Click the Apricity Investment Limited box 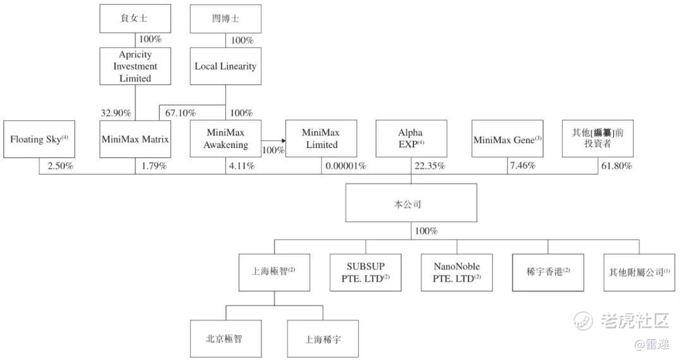[135, 66]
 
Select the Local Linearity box [225, 66]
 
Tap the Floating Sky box [39, 139]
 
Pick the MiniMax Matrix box [135, 139]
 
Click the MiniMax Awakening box [225, 139]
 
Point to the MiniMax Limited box [320, 139]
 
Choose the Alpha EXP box [410, 139]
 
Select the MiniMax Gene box [507, 139]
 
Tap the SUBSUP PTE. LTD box [365, 273]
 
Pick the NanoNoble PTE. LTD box [457, 273]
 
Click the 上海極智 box [273, 273]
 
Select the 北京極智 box [225, 338]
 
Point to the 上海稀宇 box [323, 338]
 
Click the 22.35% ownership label [429, 166]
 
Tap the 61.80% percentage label [616, 166]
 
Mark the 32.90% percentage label [116, 113]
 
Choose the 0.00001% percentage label [345, 166]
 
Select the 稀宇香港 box [547, 273]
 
